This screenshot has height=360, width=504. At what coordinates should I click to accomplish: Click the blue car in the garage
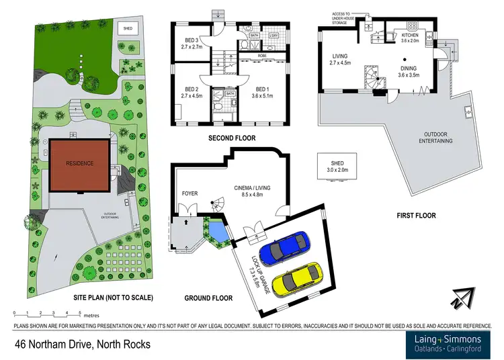(284, 250)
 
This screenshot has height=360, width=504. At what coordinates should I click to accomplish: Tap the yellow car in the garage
(297, 279)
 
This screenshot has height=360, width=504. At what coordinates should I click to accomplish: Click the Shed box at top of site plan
(127, 28)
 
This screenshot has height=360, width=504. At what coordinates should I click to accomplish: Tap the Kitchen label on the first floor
(410, 37)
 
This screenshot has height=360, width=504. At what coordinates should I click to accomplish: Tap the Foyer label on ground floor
(190, 193)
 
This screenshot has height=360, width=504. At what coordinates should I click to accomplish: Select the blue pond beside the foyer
(217, 233)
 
